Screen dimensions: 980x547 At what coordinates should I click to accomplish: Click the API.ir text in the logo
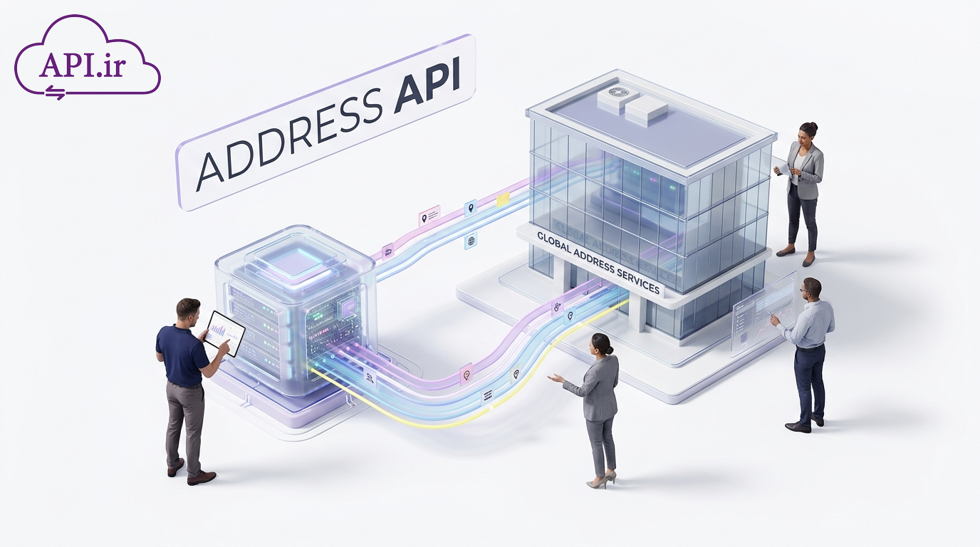[83, 66]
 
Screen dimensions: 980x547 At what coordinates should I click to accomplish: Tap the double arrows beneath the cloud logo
[56, 93]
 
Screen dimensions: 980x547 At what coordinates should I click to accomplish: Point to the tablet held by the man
[225, 333]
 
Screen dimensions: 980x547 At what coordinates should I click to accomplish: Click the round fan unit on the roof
[617, 93]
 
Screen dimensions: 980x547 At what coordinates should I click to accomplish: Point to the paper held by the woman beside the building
[782, 167]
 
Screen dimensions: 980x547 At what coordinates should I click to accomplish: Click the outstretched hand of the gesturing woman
[555, 378]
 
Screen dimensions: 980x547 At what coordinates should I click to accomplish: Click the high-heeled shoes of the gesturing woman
[602, 480]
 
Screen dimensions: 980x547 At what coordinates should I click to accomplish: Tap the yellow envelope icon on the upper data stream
[503, 199]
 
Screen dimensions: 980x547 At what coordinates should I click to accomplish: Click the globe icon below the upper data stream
[471, 241]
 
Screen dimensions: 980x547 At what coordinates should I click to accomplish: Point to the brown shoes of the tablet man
[191, 473]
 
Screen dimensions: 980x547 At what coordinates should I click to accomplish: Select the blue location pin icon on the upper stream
[470, 208]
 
